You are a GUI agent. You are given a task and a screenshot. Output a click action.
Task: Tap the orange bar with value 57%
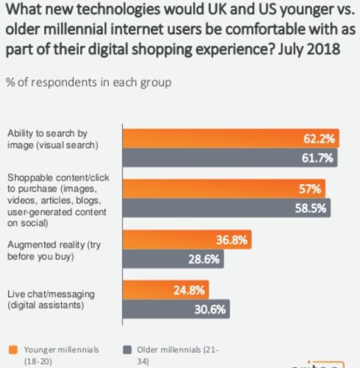223,188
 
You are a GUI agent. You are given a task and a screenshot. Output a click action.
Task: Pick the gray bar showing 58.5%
226,208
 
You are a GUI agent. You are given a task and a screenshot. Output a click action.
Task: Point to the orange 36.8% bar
186,240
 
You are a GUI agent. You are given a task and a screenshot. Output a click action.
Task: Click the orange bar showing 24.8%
165,290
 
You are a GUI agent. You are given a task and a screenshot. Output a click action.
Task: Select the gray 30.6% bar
175,310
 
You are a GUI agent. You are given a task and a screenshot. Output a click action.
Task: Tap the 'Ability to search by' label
47,133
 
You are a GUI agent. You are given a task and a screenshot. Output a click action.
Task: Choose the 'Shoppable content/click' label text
58,178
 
